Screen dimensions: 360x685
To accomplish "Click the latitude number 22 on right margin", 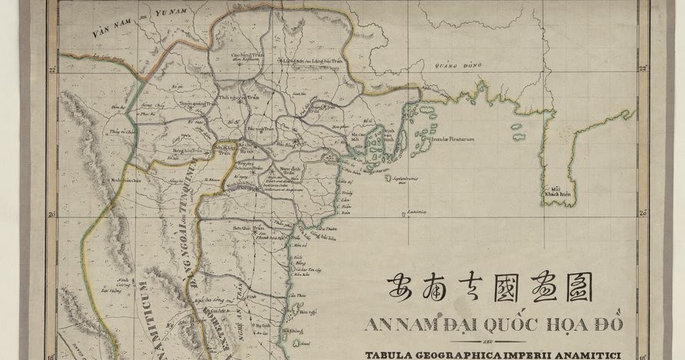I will (x=642, y=70).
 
